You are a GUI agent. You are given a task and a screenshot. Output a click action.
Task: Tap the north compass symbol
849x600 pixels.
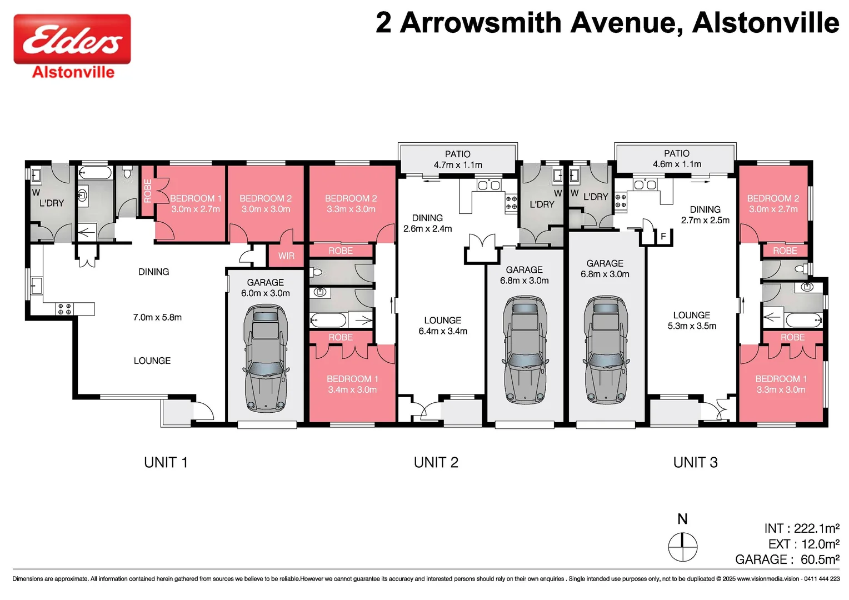(682, 547)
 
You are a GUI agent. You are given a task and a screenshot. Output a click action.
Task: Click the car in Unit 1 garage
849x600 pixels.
(266, 358)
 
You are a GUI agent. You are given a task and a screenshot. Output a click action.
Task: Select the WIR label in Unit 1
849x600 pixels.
(286, 256)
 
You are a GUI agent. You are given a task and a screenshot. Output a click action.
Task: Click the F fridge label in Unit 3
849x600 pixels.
(663, 237)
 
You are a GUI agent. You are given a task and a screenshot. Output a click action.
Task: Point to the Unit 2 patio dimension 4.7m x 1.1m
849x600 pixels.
(458, 165)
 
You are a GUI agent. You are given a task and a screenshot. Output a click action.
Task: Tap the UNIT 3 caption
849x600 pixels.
(695, 462)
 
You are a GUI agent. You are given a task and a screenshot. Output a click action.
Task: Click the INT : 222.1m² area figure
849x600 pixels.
(801, 528)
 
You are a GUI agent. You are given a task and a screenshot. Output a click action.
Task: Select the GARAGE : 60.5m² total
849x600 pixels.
(787, 559)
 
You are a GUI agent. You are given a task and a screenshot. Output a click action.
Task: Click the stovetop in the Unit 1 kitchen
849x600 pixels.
(64, 309)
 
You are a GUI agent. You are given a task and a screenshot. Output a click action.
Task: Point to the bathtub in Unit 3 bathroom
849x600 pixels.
(803, 320)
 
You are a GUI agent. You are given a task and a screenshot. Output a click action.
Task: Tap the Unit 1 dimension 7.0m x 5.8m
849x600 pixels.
(157, 317)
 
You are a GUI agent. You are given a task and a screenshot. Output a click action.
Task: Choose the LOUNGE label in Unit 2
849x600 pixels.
(443, 321)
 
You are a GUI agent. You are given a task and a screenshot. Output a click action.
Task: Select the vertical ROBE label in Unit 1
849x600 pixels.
(148, 190)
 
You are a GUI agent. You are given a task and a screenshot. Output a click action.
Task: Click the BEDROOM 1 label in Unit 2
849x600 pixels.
(352, 379)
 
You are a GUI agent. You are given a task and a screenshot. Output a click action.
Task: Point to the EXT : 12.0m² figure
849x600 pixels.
(803, 544)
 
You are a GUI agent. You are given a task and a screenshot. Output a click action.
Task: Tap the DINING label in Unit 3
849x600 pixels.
(705, 209)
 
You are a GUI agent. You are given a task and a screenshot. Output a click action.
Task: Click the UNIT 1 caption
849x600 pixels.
(166, 462)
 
